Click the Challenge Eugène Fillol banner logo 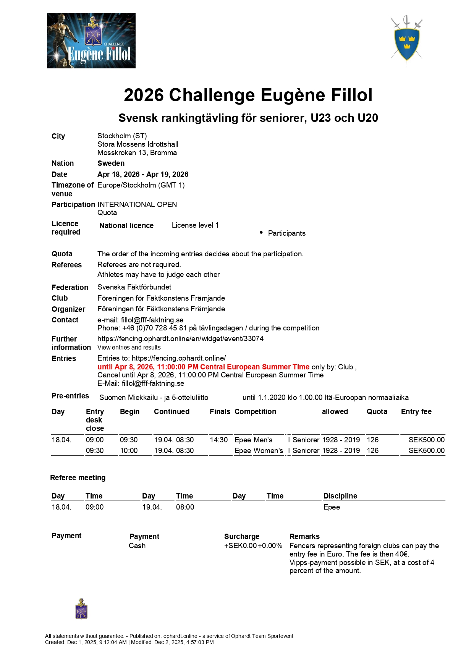tap(91, 41)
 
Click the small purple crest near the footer tap(81, 609)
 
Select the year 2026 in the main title tap(144, 95)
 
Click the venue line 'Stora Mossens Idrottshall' tap(138, 144)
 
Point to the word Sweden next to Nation tap(111, 163)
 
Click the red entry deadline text tap(203, 367)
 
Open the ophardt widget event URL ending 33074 tap(180, 339)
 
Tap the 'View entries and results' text tap(129, 348)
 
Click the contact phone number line tap(208, 328)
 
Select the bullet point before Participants tap(261, 233)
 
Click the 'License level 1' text tap(195, 225)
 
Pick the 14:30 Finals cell tap(219, 440)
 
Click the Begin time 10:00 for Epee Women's tap(129, 451)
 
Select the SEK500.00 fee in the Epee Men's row tap(426, 440)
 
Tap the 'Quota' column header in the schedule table tap(377, 412)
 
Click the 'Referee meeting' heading tap(78, 478)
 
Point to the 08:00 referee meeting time tap(185, 507)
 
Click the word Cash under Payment tap(137, 546)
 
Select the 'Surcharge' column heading tap(242, 537)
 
